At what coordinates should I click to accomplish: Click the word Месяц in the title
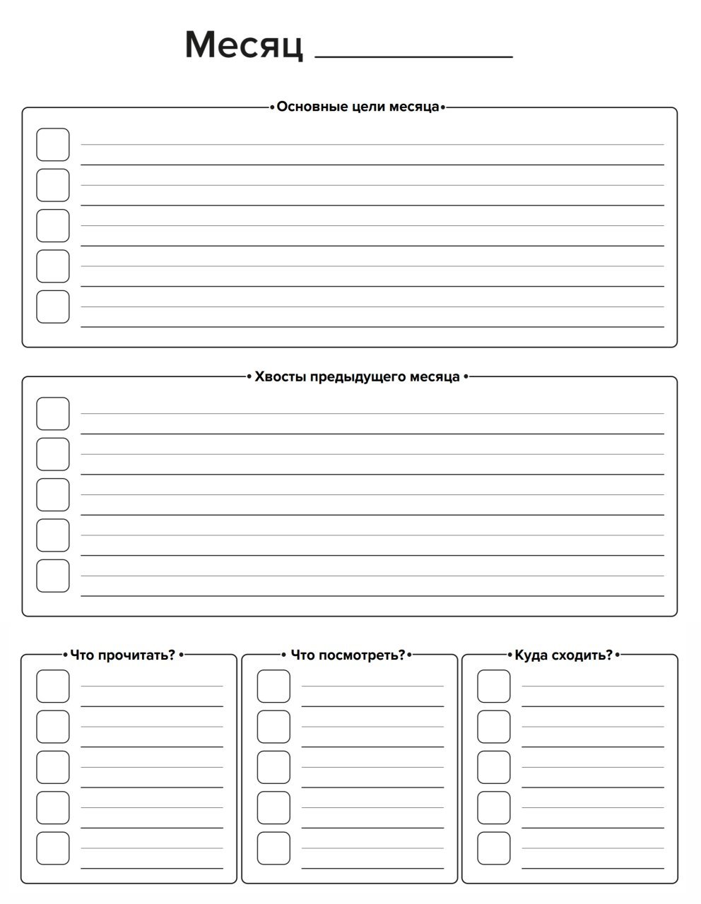[244, 44]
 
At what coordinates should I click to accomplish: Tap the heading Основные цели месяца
[358, 107]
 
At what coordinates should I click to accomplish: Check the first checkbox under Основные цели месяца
[53, 145]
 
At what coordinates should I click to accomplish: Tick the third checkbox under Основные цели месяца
[53, 226]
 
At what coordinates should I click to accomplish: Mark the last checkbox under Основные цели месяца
[53, 307]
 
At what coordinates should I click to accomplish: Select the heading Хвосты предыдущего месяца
[357, 376]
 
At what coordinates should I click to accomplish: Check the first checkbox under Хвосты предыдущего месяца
[53, 414]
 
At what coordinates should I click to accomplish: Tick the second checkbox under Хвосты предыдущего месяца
[53, 454]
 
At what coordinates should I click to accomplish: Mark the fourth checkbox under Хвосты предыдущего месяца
[53, 535]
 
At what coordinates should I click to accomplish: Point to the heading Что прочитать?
[122, 655]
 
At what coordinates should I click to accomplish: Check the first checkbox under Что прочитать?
[53, 686]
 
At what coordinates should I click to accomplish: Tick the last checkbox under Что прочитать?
[53, 848]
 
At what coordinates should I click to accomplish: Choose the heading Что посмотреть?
[348, 655]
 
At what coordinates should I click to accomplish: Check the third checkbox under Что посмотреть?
[273, 767]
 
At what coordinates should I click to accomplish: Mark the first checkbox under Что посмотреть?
[273, 686]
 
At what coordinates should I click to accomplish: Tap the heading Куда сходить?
[563, 655]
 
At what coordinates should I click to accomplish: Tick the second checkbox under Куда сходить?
[494, 727]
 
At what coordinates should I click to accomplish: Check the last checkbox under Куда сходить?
[494, 848]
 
